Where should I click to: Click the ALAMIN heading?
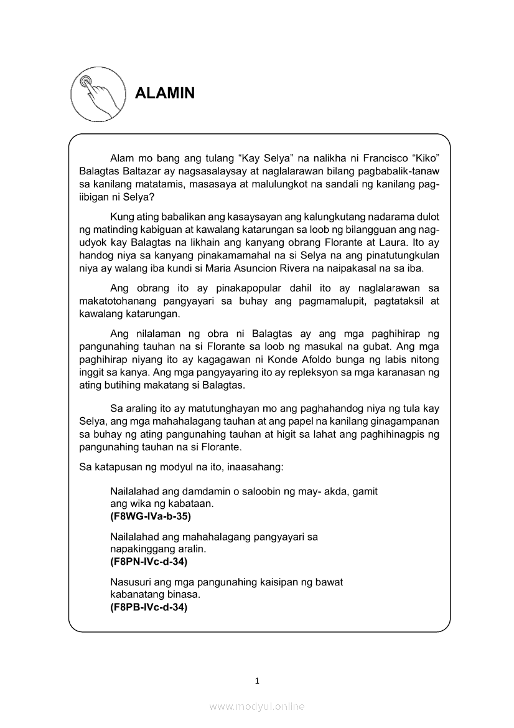(x=165, y=93)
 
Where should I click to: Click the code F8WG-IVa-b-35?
(x=150, y=516)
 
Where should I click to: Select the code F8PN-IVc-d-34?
(x=149, y=562)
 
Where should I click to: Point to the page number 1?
(x=257, y=681)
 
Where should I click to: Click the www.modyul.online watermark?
(x=257, y=706)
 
